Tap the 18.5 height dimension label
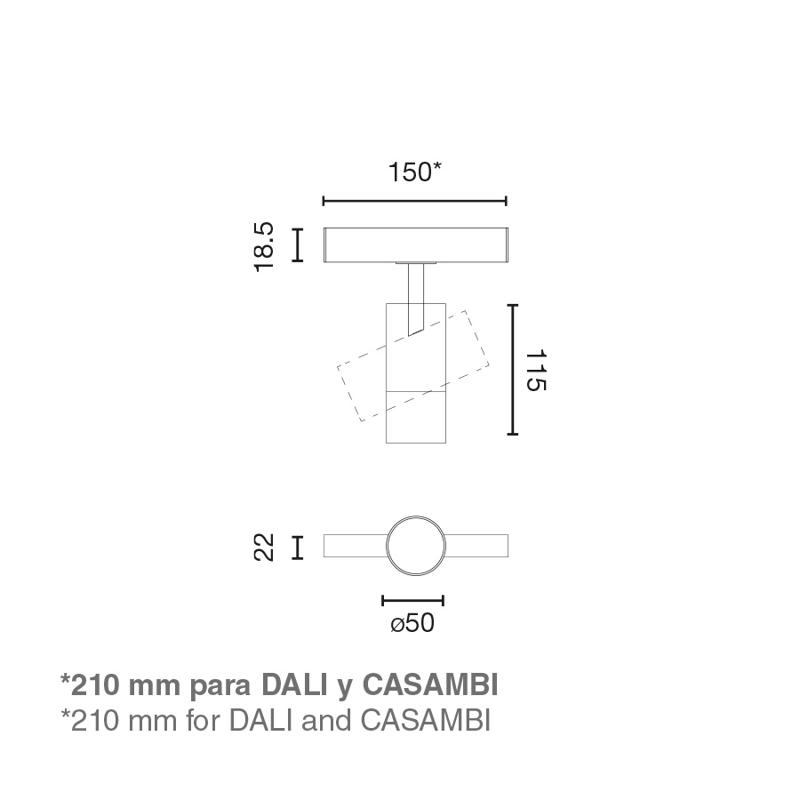click(x=265, y=247)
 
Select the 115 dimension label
click(x=536, y=370)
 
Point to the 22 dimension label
click(x=264, y=548)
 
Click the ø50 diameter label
click(x=412, y=623)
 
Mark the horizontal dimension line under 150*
click(x=415, y=201)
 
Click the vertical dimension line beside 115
click(x=513, y=370)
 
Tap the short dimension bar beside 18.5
click(x=298, y=245)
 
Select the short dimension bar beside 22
click(x=298, y=548)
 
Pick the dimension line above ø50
click(x=412, y=601)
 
